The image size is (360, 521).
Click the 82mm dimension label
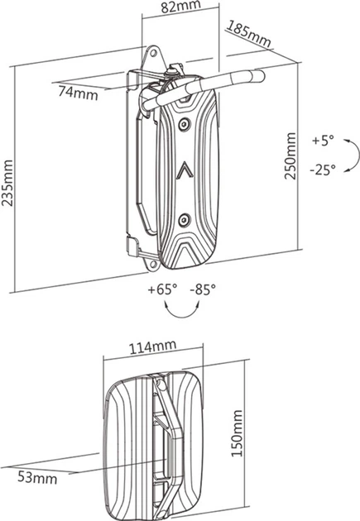[x=181, y=7]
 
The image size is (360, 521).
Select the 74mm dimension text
[x=79, y=93]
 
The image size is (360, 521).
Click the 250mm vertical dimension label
[x=290, y=155]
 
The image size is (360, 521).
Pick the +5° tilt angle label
[x=323, y=141]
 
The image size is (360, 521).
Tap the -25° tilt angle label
[x=323, y=170]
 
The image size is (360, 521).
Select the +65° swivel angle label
[x=162, y=289]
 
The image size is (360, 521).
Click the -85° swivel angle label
[x=203, y=289]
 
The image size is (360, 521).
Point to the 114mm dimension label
[x=152, y=347]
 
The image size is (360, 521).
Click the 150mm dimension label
[x=237, y=433]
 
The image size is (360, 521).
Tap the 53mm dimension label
[x=37, y=478]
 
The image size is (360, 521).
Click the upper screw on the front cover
[x=184, y=125]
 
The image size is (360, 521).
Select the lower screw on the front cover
[x=184, y=220]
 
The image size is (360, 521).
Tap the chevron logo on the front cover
[x=185, y=171]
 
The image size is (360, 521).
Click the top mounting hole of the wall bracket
[x=154, y=53]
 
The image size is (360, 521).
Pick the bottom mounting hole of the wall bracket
[x=153, y=265]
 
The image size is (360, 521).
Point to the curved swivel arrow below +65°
[x=183, y=316]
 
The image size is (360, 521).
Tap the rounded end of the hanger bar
[x=261, y=76]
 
